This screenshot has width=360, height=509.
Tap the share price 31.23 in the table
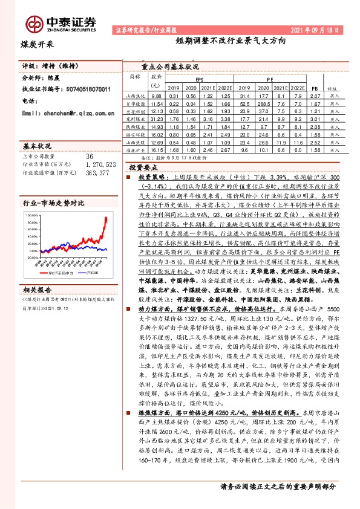tap(157, 120)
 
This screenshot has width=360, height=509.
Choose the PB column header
tap(313, 88)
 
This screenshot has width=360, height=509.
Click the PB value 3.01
tap(313, 120)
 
